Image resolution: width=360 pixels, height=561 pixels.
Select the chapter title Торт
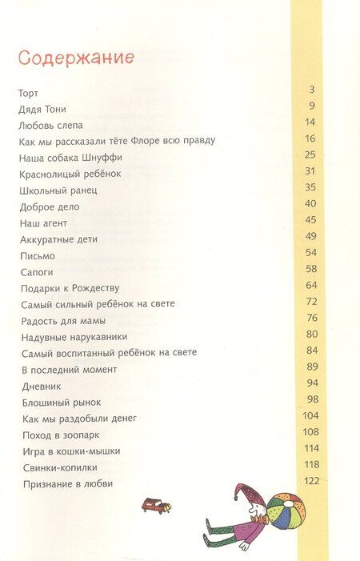[28, 93]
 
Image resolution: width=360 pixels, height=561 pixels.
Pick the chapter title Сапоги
[34, 271]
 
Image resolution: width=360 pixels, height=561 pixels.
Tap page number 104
[310, 416]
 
